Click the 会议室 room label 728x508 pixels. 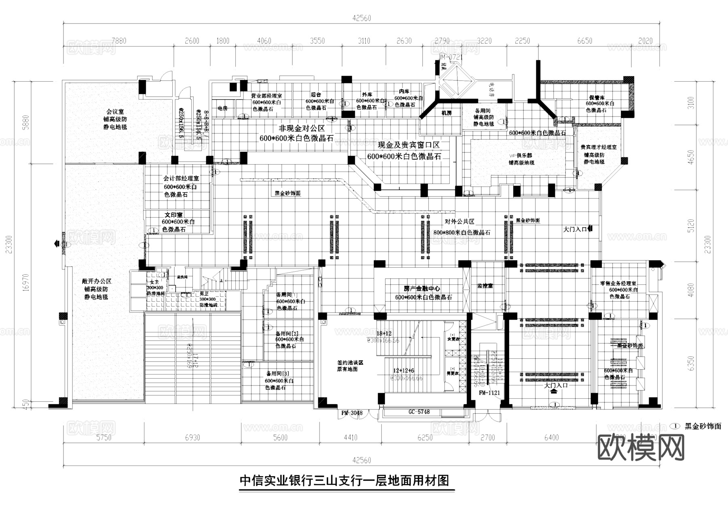click(115, 112)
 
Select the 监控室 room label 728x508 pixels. click(485, 286)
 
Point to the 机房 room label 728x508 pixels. click(446, 113)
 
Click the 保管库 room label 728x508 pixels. click(597, 97)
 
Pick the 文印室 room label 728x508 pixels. click(174, 215)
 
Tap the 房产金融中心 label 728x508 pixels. click(422, 289)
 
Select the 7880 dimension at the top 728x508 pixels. click(119, 41)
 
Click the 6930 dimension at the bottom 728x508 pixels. click(192, 438)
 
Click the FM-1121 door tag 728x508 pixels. click(489, 393)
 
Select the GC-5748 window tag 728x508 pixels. click(419, 412)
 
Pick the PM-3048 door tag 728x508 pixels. click(352, 413)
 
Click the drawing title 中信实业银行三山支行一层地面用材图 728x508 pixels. click(344, 481)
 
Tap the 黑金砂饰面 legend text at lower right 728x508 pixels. click(703, 426)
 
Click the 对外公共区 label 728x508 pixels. click(459, 222)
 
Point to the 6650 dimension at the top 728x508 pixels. click(585, 41)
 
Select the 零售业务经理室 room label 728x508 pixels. click(618, 284)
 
